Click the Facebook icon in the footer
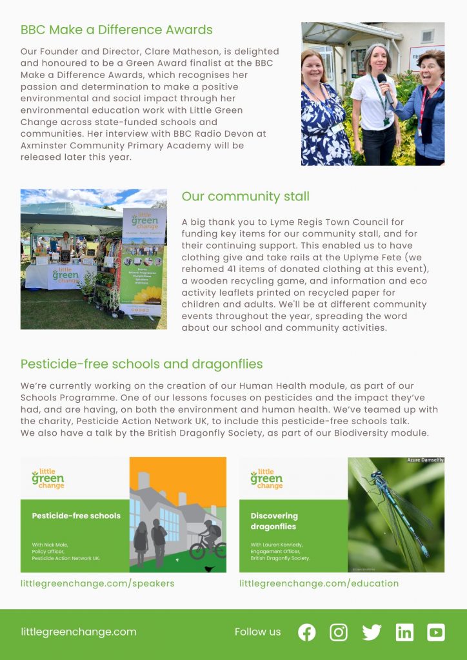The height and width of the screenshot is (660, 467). pyautogui.click(x=307, y=632)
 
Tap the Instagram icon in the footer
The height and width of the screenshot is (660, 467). pyautogui.click(x=339, y=632)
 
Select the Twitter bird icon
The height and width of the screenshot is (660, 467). pyautogui.click(x=372, y=632)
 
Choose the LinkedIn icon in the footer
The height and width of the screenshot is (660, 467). pyautogui.click(x=404, y=632)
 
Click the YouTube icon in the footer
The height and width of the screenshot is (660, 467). pyautogui.click(x=436, y=632)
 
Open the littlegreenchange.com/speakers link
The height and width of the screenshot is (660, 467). pyautogui.click(x=97, y=583)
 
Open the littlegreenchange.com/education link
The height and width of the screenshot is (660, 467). pyautogui.click(x=319, y=583)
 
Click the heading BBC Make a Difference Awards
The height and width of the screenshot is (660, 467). pyautogui.click(x=116, y=30)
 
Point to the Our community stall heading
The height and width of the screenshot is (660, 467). pyautogui.click(x=245, y=197)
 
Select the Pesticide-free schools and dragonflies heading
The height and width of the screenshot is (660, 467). pyautogui.click(x=141, y=364)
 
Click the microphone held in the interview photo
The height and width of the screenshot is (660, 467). pyautogui.click(x=382, y=82)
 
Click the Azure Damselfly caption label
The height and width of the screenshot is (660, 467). pyautogui.click(x=424, y=460)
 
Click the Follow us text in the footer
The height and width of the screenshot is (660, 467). pyautogui.click(x=257, y=632)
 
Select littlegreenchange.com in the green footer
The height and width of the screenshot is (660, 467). pyautogui.click(x=78, y=632)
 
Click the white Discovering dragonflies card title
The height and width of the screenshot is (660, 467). pyautogui.click(x=274, y=521)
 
